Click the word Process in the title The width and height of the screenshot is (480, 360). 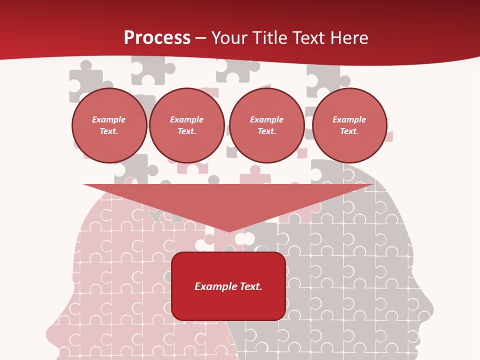pyautogui.click(x=157, y=38)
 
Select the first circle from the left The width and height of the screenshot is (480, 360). pyautogui.click(x=109, y=125)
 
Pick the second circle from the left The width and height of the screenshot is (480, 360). pyautogui.click(x=187, y=125)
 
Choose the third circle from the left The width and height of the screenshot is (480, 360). pyautogui.click(x=266, y=125)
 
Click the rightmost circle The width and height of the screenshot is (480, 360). pyautogui.click(x=349, y=125)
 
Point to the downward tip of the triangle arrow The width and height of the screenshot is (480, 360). pyautogui.click(x=229, y=231)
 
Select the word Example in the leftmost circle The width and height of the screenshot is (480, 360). pyautogui.click(x=109, y=119)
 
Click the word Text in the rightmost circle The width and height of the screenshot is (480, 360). pyautogui.click(x=348, y=131)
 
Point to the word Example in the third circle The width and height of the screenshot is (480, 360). pyautogui.click(x=266, y=119)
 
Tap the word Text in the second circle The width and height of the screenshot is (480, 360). pyautogui.click(x=186, y=131)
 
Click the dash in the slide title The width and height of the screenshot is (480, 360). pyautogui.click(x=201, y=38)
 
